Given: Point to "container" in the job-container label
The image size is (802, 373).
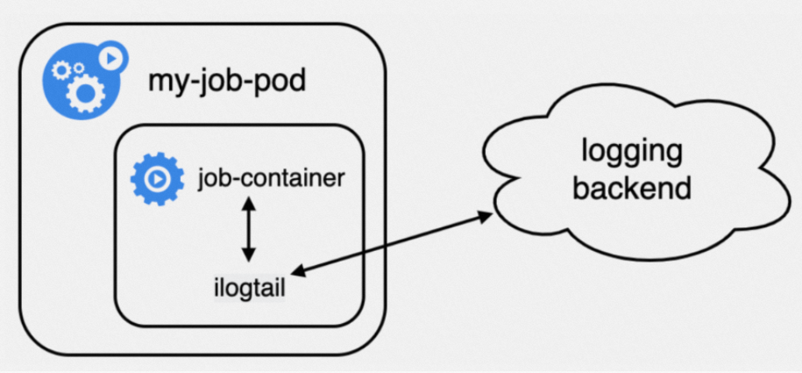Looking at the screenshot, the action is pyautogui.click(x=294, y=179).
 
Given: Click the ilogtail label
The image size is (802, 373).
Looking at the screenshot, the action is pyautogui.click(x=249, y=289).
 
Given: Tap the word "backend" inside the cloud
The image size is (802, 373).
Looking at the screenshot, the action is pyautogui.click(x=632, y=188).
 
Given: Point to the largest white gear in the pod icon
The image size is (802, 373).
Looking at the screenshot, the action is pyautogui.click(x=85, y=93).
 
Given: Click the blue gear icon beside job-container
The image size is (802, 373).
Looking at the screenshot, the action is pyautogui.click(x=157, y=179).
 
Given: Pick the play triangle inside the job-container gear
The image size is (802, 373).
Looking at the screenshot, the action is pyautogui.click(x=158, y=179).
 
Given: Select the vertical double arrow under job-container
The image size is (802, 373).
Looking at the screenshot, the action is pyautogui.click(x=249, y=229).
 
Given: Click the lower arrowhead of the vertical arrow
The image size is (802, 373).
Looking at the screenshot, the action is pyautogui.click(x=249, y=255).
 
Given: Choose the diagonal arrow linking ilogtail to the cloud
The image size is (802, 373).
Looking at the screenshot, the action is pyautogui.click(x=394, y=244).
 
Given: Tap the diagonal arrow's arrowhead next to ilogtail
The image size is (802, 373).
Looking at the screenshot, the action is pyautogui.click(x=302, y=271).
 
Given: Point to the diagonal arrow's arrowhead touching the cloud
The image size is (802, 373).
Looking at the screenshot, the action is pyautogui.click(x=486, y=216).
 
